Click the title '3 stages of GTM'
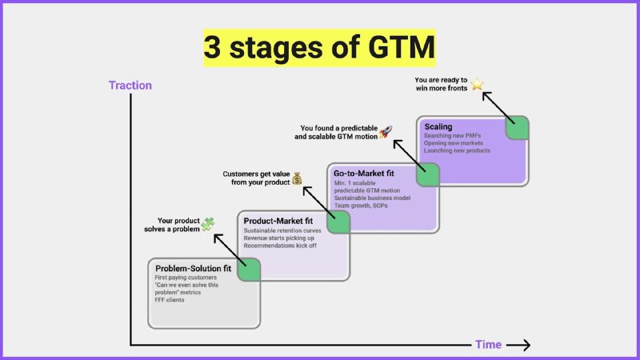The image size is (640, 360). [x=319, y=47]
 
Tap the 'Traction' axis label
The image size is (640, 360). [x=130, y=85]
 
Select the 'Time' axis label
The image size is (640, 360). [x=488, y=345]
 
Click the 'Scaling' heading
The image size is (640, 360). [x=438, y=126]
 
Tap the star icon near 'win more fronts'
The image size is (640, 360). [x=478, y=83]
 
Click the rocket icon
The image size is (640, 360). [x=385, y=132]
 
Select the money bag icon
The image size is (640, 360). [x=297, y=178]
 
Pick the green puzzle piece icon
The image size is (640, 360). [x=208, y=224]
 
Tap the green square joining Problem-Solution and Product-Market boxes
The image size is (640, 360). [x=249, y=269]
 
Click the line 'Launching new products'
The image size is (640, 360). [x=457, y=150]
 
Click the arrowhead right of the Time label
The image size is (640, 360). [x=522, y=345]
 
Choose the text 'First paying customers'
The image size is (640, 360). [x=186, y=278]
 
